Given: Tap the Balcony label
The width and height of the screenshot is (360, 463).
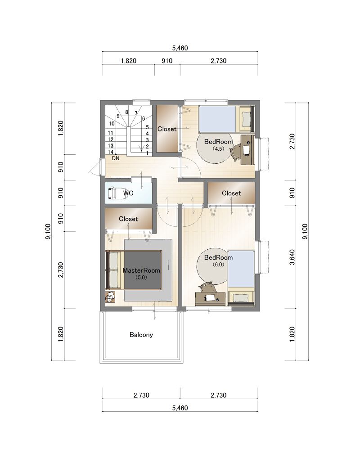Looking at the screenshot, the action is coord(141,335).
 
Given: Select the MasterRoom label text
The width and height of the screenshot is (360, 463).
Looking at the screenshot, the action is coord(141,270).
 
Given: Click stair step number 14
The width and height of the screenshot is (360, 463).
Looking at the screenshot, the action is coord(110,152).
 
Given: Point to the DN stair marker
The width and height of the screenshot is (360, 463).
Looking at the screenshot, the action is coord(116,158).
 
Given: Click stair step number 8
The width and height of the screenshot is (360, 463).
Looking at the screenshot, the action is coord(126,112).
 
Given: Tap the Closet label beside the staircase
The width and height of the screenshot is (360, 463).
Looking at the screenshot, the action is coord(167,129).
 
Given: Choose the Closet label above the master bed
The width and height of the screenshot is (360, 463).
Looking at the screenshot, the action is coord(128,219).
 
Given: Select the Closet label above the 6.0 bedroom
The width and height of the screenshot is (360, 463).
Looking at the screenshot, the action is coord(231,193).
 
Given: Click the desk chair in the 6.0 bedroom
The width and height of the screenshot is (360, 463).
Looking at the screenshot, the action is coord(207,287).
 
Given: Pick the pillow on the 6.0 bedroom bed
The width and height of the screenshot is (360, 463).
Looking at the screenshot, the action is coord(240,298).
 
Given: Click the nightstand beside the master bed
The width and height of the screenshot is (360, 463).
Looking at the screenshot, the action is coord(110,297).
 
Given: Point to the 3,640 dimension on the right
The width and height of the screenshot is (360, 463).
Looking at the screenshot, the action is coord(292,257).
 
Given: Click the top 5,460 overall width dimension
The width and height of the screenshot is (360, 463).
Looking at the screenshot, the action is coord(180,48).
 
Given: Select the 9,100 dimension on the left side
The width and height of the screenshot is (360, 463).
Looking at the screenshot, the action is coord(48,231).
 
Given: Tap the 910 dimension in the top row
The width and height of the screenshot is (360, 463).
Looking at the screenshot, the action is coord(167,61).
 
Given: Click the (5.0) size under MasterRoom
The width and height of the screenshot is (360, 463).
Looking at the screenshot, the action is coord(141,278).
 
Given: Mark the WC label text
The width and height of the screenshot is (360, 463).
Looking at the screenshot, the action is coord(128,193).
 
